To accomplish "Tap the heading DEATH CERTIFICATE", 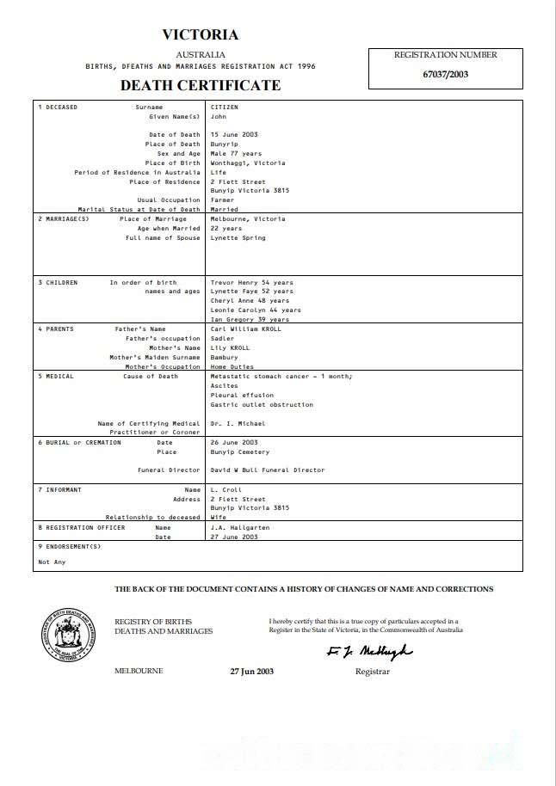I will pyautogui.click(x=201, y=85).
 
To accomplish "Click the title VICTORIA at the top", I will pyautogui.click(x=201, y=35).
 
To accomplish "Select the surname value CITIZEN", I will pyautogui.click(x=225, y=107).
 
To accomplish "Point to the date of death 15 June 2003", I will pyautogui.click(x=234, y=135).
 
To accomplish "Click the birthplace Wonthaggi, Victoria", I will pyautogui.click(x=248, y=163).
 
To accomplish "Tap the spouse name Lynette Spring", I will pyautogui.click(x=238, y=237).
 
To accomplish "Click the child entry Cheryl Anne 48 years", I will pyautogui.click(x=250, y=301).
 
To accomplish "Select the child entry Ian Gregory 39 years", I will pyautogui.click(x=250, y=319).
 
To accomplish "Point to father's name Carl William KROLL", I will pyautogui.click(x=245, y=329).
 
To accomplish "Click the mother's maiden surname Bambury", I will pyautogui.click(x=225, y=357).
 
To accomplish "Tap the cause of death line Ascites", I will pyautogui.click(x=225, y=386).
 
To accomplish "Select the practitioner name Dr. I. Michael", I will pyautogui.click(x=238, y=423).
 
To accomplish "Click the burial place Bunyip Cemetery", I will pyautogui.click(x=240, y=451).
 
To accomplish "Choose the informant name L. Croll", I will pyautogui.click(x=225, y=489).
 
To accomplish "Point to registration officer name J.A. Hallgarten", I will pyautogui.click(x=239, y=527).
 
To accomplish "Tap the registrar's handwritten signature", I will pyautogui.click(x=369, y=651).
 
